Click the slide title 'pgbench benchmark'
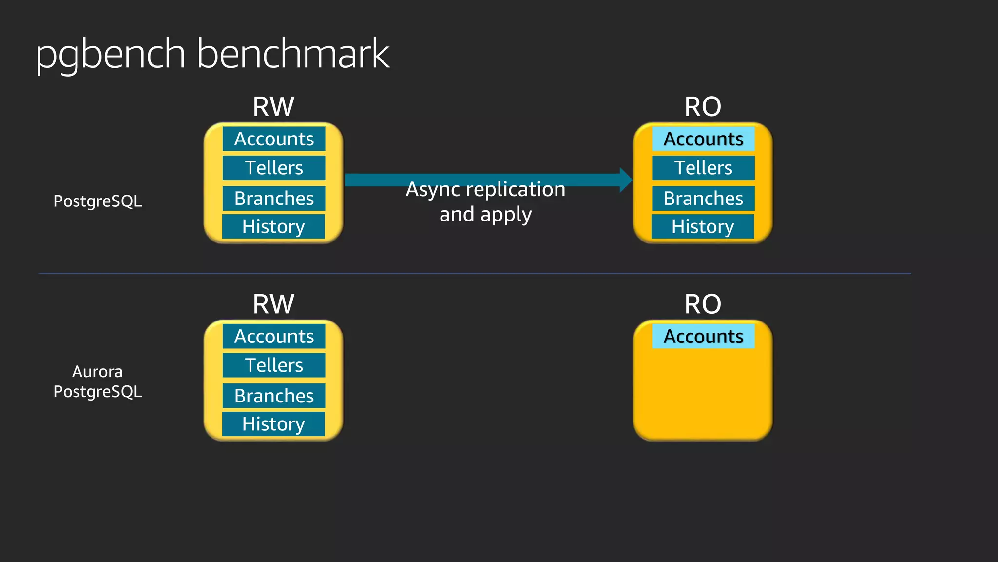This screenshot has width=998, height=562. click(212, 54)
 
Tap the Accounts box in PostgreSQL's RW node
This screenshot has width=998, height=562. click(274, 139)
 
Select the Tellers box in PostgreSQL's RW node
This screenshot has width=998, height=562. click(274, 168)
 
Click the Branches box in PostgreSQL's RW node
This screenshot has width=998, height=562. click(274, 199)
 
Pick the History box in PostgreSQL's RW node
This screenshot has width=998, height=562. click(273, 226)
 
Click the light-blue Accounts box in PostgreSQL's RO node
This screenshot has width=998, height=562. click(703, 139)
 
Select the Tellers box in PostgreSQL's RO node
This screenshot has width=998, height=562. click(703, 168)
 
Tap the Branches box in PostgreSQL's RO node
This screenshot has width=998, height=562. click(703, 199)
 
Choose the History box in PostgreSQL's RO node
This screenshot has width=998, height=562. click(703, 226)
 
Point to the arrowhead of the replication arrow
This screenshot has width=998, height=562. click(626, 180)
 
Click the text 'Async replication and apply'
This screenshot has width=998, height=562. click(485, 201)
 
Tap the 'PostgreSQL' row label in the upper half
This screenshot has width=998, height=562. click(97, 201)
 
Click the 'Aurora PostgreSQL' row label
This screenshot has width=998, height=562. click(97, 381)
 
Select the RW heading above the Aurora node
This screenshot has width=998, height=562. click(273, 304)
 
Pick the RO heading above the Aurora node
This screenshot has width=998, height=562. click(703, 304)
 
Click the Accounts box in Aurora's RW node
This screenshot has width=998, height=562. click(274, 337)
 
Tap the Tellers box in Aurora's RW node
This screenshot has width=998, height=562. click(274, 365)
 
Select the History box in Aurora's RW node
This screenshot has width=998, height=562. click(273, 424)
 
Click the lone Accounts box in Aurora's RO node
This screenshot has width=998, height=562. click(703, 337)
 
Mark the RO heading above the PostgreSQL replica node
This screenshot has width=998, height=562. click(703, 106)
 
